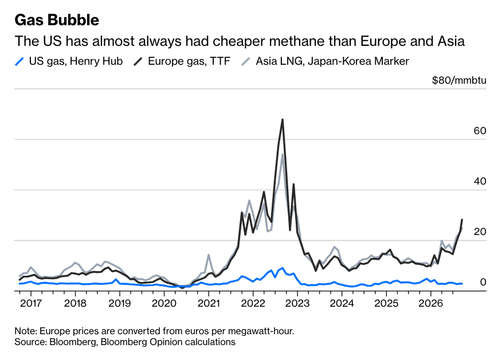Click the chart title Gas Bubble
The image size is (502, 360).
pos(57,20)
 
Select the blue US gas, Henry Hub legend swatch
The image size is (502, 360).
pos(19,61)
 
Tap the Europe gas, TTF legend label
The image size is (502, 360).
pos(189,61)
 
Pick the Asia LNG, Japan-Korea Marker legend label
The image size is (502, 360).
pos(332,61)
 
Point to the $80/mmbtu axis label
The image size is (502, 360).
pos(459,80)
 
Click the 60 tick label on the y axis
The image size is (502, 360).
pos(480,131)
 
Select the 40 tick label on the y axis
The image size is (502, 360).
pos(480,181)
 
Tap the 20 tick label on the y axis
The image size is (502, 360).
pos(480,232)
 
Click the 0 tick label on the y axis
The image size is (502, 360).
pos(483,282)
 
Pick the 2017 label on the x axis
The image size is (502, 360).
pos(31,303)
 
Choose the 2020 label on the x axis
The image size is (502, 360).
pos(164,303)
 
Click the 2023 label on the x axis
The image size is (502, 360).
pos(297,303)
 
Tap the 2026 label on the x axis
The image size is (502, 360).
pos(430,303)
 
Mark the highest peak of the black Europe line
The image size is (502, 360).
pos(283,120)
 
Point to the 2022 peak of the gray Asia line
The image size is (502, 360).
pos(283,154)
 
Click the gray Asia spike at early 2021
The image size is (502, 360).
pos(209,255)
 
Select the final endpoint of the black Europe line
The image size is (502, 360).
pos(462,220)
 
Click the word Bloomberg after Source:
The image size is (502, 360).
pos(72,342)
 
